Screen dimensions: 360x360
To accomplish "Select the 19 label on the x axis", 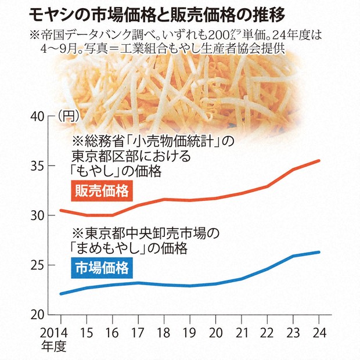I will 189,334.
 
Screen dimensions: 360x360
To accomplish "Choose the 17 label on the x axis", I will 138,334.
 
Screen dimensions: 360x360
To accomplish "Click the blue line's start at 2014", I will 61,294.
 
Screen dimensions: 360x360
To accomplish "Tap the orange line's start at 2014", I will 61,210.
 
